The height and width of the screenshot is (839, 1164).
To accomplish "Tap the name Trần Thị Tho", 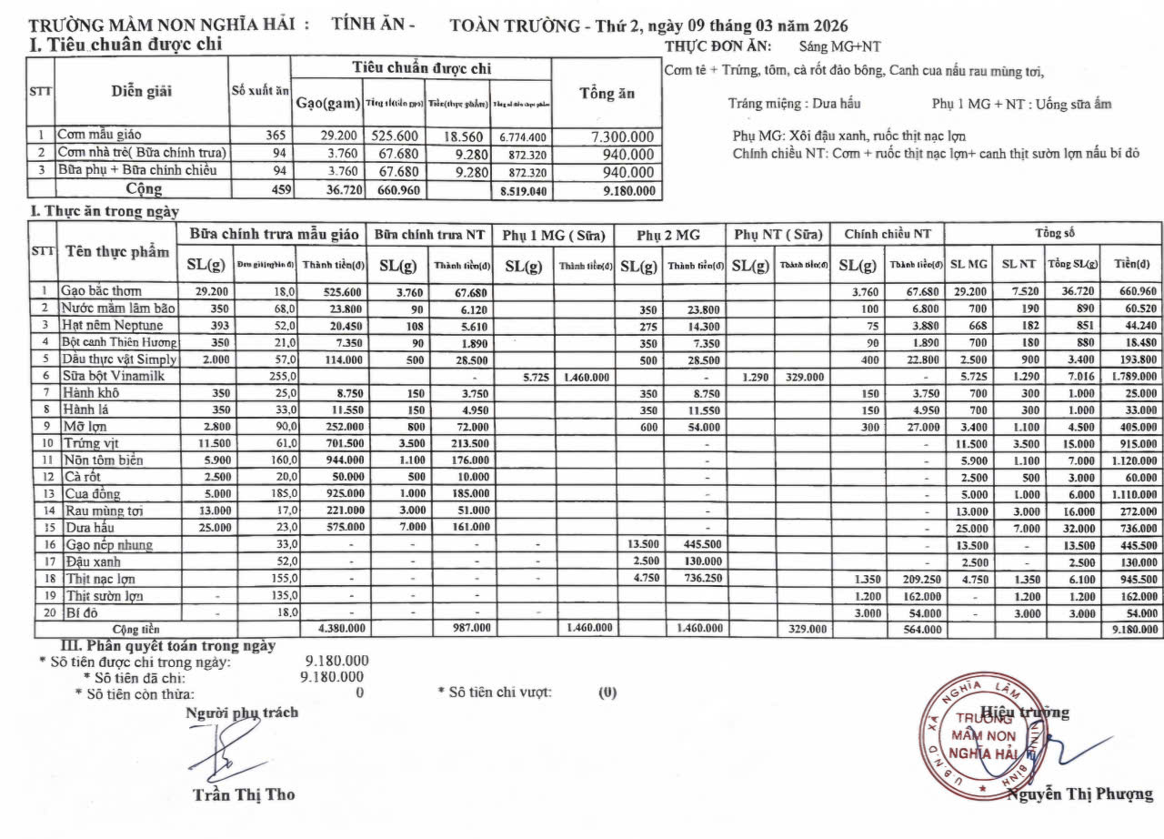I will [244, 794].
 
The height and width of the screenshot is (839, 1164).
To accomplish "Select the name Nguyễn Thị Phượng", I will [1079, 794].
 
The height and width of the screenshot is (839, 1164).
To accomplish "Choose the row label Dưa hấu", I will [85, 527].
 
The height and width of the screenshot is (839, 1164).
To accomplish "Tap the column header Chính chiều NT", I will [888, 235].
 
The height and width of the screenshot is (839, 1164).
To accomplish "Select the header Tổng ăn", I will [607, 94].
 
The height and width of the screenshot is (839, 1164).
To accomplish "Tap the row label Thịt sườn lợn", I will [104, 595].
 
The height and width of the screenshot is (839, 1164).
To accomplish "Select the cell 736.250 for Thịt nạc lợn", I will [696, 579].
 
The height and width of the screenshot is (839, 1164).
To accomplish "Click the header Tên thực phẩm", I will [117, 251].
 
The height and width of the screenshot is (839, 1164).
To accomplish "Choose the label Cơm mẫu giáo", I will [99, 136].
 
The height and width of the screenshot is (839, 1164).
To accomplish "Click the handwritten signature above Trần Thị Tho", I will [223, 751].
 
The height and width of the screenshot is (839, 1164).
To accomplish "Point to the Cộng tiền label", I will [135, 629].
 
